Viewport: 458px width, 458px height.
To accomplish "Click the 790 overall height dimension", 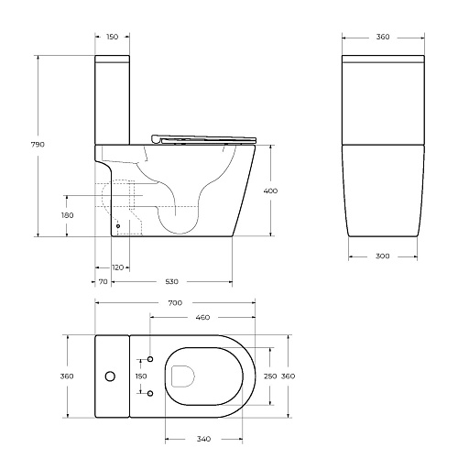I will [x=39, y=145].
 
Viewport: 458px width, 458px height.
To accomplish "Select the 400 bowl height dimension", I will [x=271, y=191].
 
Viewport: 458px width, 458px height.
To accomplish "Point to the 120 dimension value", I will [x=117, y=267].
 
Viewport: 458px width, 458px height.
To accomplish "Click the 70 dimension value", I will [x=103, y=282].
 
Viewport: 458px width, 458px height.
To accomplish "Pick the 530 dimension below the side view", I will [x=171, y=282].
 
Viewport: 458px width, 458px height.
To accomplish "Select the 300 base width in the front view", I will [x=383, y=256].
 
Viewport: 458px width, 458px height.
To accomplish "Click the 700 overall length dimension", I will [x=175, y=302].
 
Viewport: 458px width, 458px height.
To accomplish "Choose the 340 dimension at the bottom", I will [x=204, y=438].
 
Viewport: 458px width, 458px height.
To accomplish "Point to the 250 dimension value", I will [x=269, y=376].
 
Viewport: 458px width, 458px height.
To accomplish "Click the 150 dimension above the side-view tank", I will [x=112, y=37].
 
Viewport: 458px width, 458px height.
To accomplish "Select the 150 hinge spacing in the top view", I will [x=141, y=376].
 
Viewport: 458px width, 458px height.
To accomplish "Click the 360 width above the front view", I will [x=383, y=37].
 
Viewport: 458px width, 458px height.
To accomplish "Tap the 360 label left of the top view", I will [x=66, y=376].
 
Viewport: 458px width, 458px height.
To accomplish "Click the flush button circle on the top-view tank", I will [x=111, y=376].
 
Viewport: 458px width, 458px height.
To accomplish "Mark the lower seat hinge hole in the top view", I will [x=149, y=395].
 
